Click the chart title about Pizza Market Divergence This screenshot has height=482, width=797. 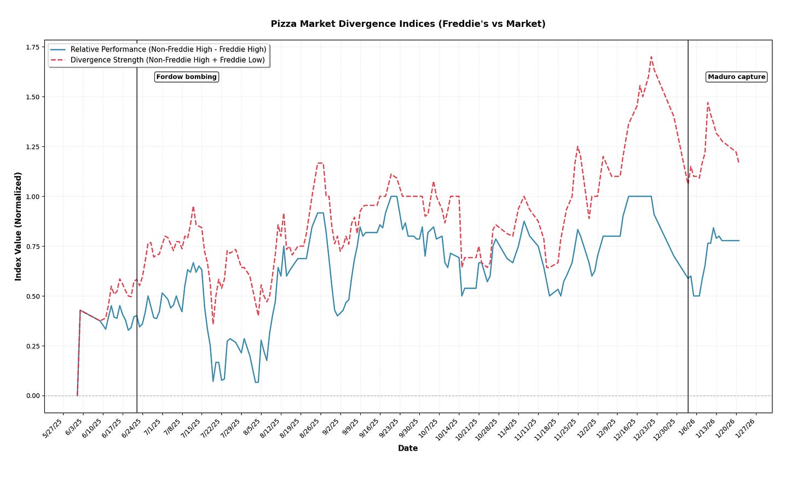click(x=408, y=24)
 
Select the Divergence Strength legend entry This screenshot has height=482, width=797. click(x=168, y=60)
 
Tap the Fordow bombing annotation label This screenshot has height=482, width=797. click(x=186, y=77)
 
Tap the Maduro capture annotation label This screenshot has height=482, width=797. click(x=736, y=77)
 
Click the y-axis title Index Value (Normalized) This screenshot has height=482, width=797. click(x=19, y=226)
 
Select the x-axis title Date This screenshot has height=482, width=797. click(x=408, y=449)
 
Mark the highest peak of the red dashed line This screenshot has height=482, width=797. click(x=651, y=56)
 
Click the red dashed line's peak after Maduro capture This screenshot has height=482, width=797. click(x=708, y=102)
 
